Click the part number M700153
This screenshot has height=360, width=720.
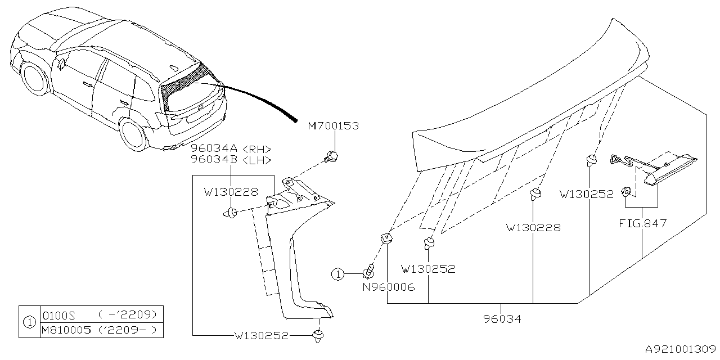click(332, 127)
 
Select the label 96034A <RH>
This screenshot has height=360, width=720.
click(231, 149)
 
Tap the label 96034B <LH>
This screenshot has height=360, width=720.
click(231, 160)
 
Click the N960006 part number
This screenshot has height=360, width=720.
click(388, 287)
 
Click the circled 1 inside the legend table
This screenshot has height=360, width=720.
click(29, 322)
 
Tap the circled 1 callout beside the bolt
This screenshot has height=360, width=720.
click(337, 274)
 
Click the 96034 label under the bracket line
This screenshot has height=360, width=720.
click(502, 319)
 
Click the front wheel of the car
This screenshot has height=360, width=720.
click(35, 78)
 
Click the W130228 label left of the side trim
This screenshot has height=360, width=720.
click(231, 192)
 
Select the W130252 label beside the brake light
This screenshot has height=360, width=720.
click(587, 194)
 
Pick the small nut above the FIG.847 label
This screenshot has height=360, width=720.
click(625, 193)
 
